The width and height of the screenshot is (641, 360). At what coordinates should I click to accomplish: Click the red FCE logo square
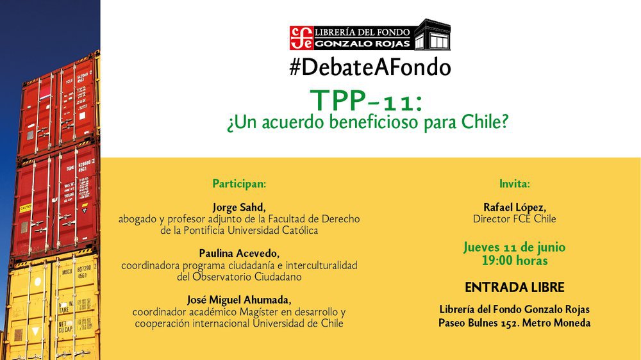click(x=302, y=38)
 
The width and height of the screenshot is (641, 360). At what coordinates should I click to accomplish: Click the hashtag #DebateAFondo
click(x=370, y=67)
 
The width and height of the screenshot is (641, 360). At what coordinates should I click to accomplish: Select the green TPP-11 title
click(x=366, y=101)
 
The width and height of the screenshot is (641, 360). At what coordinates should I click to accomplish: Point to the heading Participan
click(x=239, y=183)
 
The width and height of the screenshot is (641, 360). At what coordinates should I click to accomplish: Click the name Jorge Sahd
click(x=239, y=207)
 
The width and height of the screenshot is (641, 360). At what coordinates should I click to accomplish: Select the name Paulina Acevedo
click(x=239, y=254)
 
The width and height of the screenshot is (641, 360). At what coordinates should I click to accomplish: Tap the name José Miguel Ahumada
click(x=239, y=300)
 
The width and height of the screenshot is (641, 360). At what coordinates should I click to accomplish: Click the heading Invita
click(x=515, y=183)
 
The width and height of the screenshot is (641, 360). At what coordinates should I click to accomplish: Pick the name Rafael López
click(x=515, y=207)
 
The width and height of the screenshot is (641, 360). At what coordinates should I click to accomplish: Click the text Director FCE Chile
click(x=515, y=219)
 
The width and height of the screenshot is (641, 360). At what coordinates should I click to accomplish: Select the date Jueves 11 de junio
click(x=515, y=247)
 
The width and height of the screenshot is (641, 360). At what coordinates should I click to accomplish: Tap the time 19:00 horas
click(x=515, y=260)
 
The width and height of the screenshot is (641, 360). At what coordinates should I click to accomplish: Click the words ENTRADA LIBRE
click(x=515, y=287)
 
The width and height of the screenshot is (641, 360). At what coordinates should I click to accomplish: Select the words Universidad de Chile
click(x=298, y=323)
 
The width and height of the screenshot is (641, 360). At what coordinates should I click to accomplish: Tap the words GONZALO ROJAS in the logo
click(x=363, y=44)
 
